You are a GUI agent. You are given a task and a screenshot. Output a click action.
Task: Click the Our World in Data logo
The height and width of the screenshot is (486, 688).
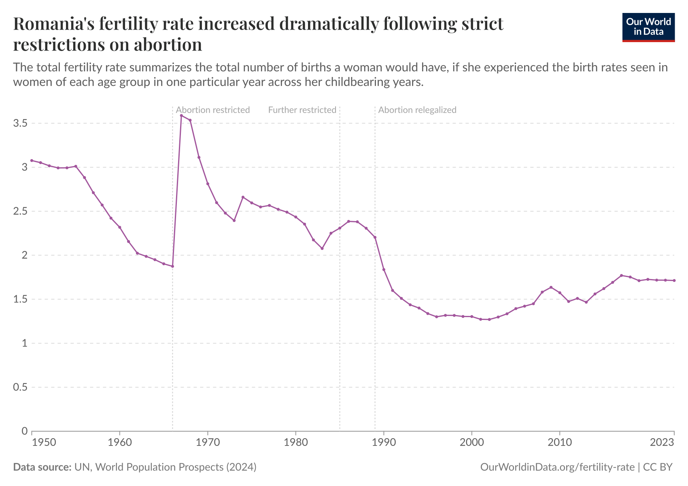point(648,27)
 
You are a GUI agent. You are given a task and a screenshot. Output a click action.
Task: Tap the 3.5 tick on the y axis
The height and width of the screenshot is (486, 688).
point(20,123)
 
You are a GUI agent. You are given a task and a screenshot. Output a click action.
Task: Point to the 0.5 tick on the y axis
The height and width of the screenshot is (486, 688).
point(20,388)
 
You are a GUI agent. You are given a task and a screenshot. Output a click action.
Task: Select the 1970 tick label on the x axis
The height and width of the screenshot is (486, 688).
point(208,442)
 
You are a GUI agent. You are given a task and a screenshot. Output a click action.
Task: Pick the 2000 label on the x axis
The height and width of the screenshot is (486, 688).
point(471,442)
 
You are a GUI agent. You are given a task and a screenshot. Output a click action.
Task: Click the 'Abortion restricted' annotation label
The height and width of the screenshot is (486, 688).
point(213,110)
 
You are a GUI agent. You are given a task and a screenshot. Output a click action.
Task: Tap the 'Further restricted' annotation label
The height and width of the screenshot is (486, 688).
point(302,110)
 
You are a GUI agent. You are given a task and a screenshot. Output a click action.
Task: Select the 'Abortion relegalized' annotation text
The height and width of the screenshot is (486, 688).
point(417,110)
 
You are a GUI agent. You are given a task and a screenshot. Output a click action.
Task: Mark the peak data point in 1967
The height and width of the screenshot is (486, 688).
point(181,115)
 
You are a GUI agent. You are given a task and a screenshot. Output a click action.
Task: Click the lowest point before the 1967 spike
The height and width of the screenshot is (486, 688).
point(172,266)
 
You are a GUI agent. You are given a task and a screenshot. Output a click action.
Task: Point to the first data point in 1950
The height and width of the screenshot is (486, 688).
point(32,160)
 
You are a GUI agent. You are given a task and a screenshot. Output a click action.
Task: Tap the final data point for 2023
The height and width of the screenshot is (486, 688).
point(674,280)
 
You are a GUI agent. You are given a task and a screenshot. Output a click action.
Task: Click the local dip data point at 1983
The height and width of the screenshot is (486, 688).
point(322,248)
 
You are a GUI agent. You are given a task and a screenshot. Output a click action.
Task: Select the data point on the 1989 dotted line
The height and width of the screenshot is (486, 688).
point(375,237)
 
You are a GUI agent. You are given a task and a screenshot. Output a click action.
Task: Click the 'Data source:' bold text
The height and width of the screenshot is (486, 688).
point(42,467)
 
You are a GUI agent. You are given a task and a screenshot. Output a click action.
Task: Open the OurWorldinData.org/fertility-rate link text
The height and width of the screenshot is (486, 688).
point(557,467)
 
